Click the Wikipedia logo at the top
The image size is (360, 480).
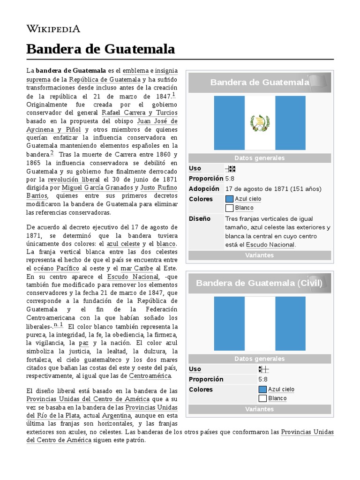click(53, 29)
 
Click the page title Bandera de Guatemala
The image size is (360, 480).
click(100, 49)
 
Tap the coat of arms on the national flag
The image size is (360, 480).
click(260, 123)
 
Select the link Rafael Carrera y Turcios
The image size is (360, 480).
click(140, 113)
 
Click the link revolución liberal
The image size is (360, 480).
click(74, 180)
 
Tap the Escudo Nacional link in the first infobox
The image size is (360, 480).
click(270, 245)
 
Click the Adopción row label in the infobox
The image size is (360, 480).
click(204, 189)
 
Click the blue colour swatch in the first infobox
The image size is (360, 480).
click(229, 199)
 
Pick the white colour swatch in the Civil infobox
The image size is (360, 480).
click(262, 398)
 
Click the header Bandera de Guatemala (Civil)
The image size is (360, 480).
click(259, 283)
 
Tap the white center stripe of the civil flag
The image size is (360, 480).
click(260, 323)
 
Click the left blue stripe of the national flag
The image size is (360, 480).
click(229, 123)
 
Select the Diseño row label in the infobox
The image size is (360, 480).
click(200, 219)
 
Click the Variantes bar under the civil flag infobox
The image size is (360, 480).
click(259, 409)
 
